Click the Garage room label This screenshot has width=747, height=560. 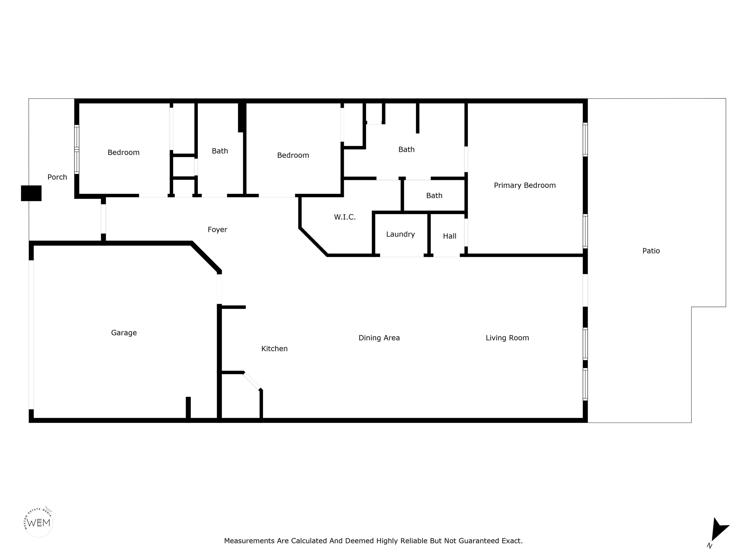(124, 333)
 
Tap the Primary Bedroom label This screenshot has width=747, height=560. (525, 185)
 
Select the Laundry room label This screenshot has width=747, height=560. (400, 234)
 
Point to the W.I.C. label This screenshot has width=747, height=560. (345, 217)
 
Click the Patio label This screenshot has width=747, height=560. (651, 251)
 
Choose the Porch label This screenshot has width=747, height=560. (57, 177)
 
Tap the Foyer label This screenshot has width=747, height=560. (217, 229)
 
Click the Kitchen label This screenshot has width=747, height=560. (275, 349)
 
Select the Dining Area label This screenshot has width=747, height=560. (379, 338)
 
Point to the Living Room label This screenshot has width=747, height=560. (507, 338)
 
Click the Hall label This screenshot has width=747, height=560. (450, 236)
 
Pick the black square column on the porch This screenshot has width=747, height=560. (31, 193)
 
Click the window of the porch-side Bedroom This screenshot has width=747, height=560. (77, 149)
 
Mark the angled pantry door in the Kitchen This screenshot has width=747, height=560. (252, 381)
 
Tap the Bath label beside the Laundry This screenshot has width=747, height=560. (434, 196)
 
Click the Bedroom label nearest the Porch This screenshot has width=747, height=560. (124, 153)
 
